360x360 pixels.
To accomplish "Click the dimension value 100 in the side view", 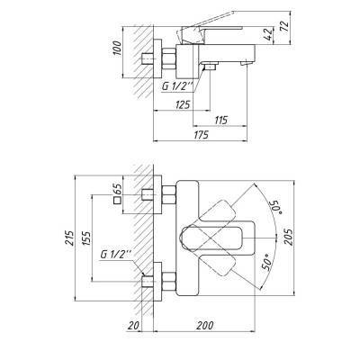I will coord(114,46).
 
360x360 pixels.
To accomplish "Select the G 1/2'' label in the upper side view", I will coord(178,85).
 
